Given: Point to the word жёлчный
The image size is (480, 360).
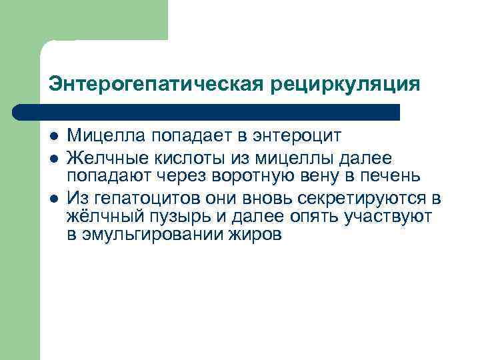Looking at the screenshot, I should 101,217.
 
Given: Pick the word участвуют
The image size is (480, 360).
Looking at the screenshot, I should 394,217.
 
